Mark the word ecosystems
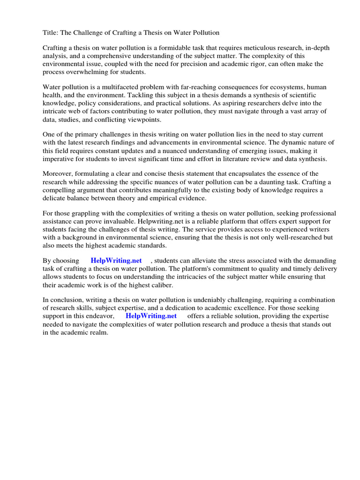(286, 87)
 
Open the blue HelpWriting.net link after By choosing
(116, 261)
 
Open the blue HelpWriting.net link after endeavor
(151, 316)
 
